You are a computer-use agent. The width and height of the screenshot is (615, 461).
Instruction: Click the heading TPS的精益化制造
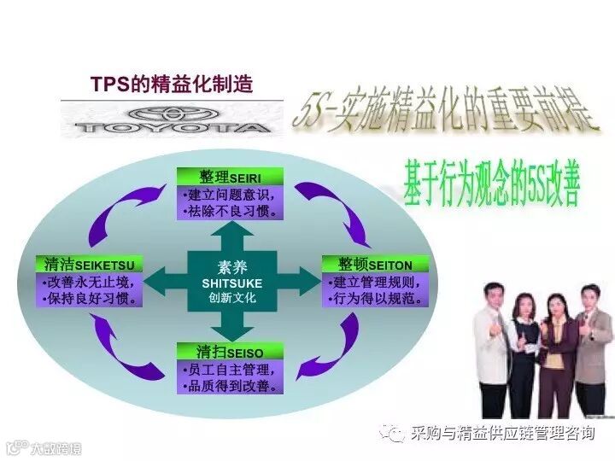pyautogui.click(x=172, y=85)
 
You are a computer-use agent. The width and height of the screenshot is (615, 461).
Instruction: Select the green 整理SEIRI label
pyautogui.click(x=230, y=177)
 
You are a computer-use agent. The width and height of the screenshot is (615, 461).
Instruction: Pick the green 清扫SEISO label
pyautogui.click(x=230, y=352)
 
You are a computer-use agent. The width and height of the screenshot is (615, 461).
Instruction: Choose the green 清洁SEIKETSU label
pyautogui.click(x=90, y=265)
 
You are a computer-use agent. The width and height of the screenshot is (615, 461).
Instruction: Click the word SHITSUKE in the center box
pyautogui.click(x=232, y=283)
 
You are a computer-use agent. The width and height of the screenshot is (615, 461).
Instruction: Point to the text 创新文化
pyautogui.click(x=232, y=298)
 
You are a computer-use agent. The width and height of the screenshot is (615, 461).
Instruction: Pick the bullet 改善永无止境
pyautogui.click(x=89, y=283)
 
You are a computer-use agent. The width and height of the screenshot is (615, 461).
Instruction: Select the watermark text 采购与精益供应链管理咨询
pyautogui.click(x=501, y=434)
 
